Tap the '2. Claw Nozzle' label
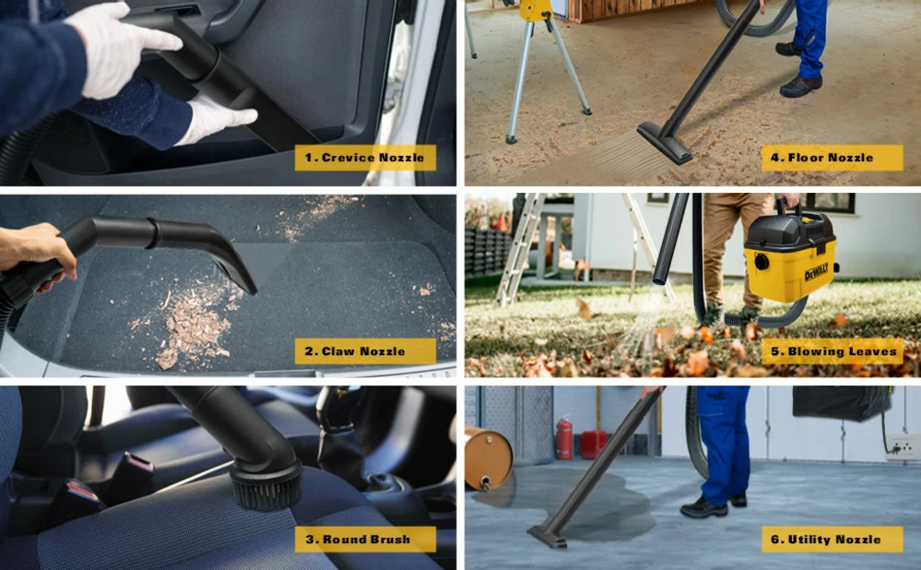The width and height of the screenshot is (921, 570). (x=363, y=351)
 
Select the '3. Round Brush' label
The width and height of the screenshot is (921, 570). (x=365, y=540)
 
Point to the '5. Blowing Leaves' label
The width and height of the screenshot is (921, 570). (x=832, y=351)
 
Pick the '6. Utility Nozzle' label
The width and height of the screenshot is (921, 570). (x=832, y=540)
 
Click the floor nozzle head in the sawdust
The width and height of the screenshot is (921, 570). (x=665, y=143)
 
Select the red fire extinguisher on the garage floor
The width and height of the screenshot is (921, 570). (x=564, y=438)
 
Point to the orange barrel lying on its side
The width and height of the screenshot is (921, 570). (x=487, y=457)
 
